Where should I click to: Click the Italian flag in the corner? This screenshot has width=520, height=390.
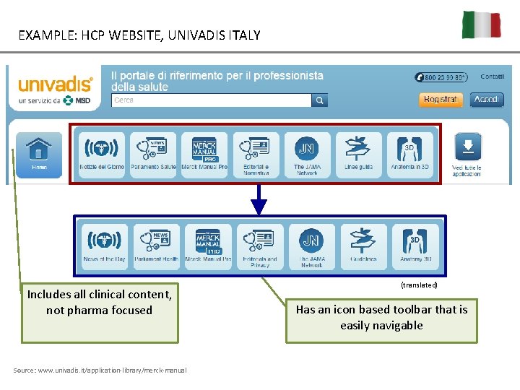coord(482,25)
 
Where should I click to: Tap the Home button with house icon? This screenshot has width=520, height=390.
coord(39,153)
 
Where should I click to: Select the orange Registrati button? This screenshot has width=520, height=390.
coord(441,100)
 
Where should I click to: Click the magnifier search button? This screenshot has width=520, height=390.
coord(320,100)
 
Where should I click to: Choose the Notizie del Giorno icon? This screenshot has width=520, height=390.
coord(102,154)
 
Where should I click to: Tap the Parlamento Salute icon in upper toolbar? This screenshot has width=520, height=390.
coord(153,154)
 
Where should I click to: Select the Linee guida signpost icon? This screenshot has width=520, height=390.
coord(359,154)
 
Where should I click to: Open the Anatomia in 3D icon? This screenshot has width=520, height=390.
coord(410,154)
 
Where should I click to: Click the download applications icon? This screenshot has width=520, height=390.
coord(467,153)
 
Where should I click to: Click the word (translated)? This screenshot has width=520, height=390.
coord(419,285)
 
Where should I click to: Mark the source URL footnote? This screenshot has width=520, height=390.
coord(100,370)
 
